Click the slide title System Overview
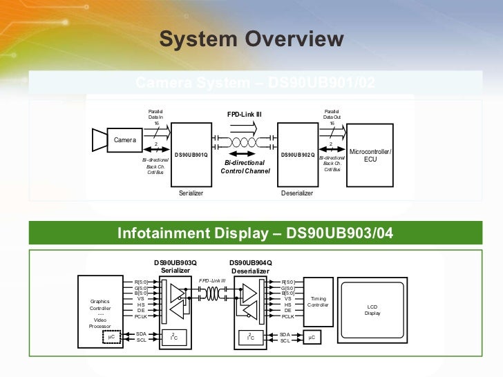[251, 39]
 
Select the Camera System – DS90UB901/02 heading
[255, 83]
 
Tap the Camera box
[125, 140]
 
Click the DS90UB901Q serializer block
[191, 154]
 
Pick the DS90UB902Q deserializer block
[298, 154]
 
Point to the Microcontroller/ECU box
[370, 155]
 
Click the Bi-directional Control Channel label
[245, 166]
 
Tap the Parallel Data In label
[156, 115]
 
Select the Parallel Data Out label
[332, 115]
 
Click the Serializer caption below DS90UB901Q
[191, 193]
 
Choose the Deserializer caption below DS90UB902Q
[297, 193]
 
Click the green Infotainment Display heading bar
[255, 233]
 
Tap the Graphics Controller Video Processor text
[100, 313]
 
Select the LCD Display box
[372, 309]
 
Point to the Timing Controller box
[319, 302]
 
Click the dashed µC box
[110, 337]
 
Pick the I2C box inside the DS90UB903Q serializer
[174, 337]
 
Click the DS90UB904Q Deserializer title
[250, 267]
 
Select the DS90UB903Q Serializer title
[175, 267]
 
